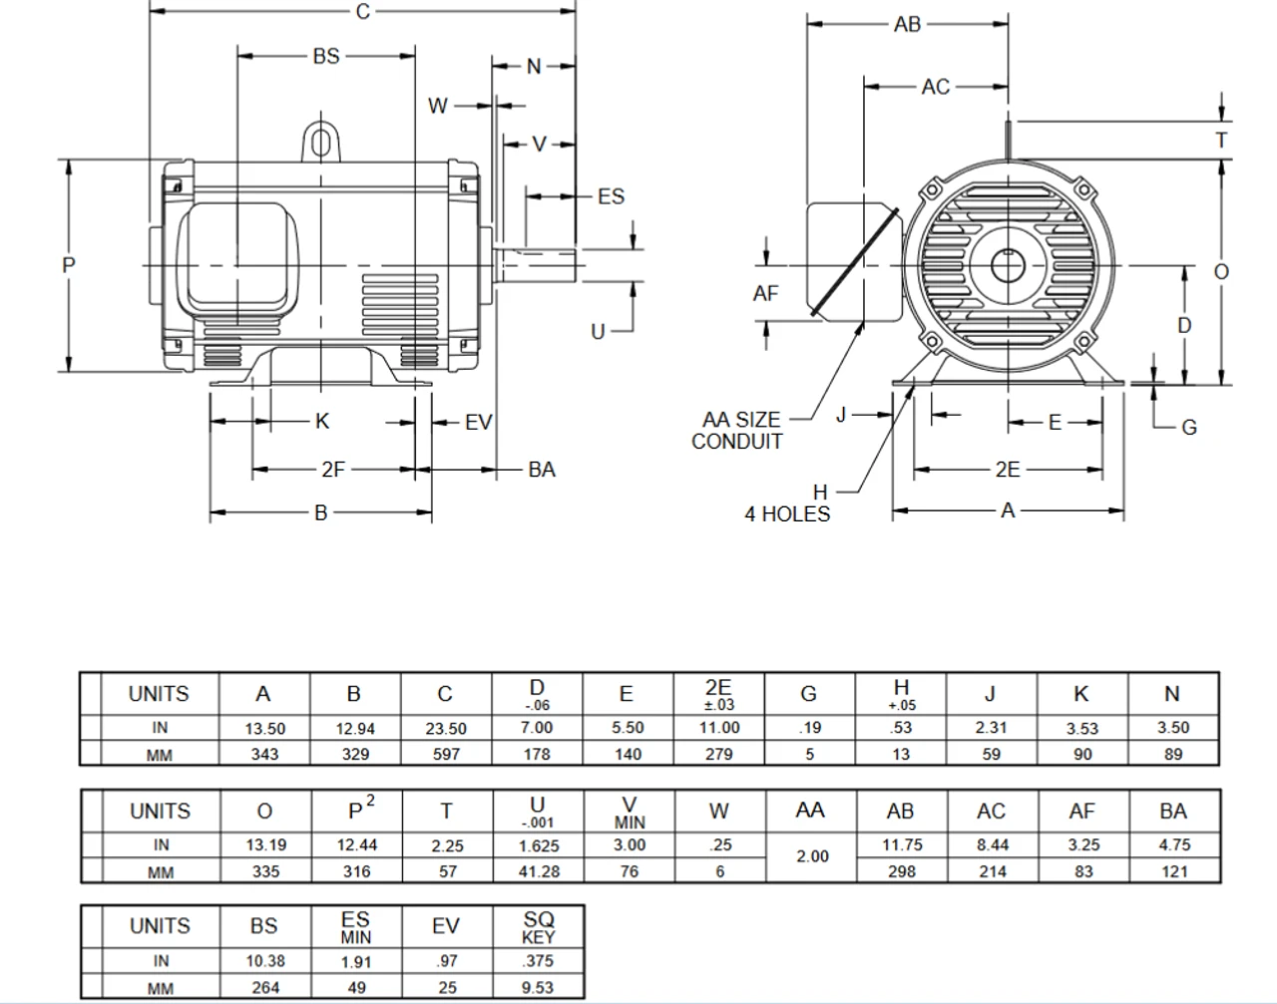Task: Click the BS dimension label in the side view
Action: pos(326,57)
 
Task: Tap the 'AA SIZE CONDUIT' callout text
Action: pos(738,431)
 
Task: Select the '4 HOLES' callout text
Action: pos(787,513)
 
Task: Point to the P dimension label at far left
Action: pos(68,265)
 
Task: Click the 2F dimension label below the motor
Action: pos(332,469)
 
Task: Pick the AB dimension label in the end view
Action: pos(907,24)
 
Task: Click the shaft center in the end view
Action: pos(1008,265)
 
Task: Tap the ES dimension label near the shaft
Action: pos(611,196)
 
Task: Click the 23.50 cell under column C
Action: pos(445,728)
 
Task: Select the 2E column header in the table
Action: pos(717,694)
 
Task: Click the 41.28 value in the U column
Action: pos(538,871)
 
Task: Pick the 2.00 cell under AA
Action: pos(811,855)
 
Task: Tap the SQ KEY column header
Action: pos(538,926)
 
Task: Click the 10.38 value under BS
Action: pos(264,962)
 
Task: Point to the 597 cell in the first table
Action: pos(445,755)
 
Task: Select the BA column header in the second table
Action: pos(1173,812)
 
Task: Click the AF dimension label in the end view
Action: pos(765,293)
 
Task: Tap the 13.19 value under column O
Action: pos(265,844)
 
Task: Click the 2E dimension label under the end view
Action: pos(1008,470)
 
